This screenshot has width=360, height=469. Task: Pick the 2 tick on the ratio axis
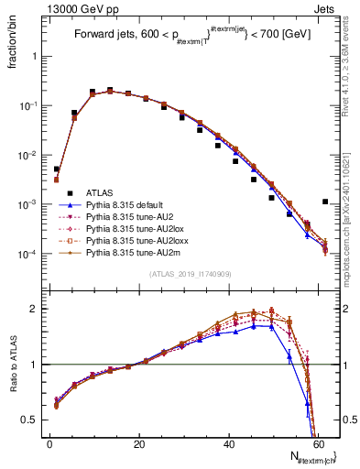[34, 309]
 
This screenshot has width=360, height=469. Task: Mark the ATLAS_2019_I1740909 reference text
[190, 275]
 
